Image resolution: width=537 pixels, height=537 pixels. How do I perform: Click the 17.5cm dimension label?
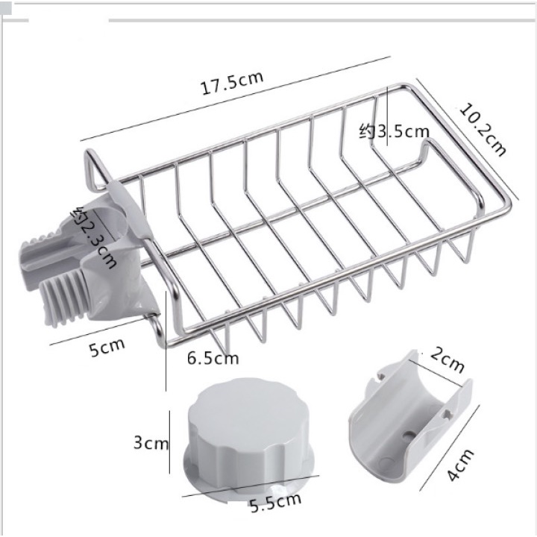tap(232, 84)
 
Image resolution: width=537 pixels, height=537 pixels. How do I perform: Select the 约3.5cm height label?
tap(394, 131)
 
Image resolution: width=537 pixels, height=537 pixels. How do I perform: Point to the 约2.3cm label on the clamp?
tap(93, 237)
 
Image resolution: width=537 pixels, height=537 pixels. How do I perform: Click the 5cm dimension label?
tap(107, 348)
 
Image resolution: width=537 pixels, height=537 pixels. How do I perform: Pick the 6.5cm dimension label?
tap(213, 358)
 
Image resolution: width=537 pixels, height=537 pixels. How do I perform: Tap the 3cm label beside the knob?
tap(151, 443)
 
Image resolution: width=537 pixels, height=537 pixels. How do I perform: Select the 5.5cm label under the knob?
tap(276, 503)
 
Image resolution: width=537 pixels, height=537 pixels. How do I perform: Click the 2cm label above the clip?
tap(447, 359)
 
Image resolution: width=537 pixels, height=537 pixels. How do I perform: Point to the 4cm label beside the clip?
tap(461, 465)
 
